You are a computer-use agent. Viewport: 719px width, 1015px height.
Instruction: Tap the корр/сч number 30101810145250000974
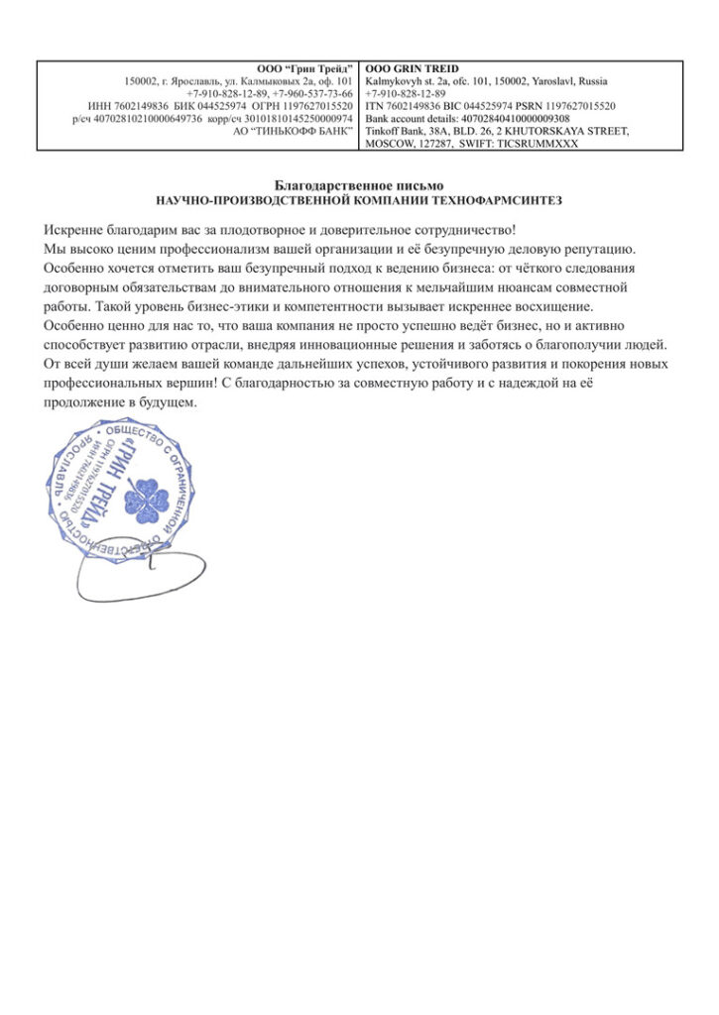pos(297,118)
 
